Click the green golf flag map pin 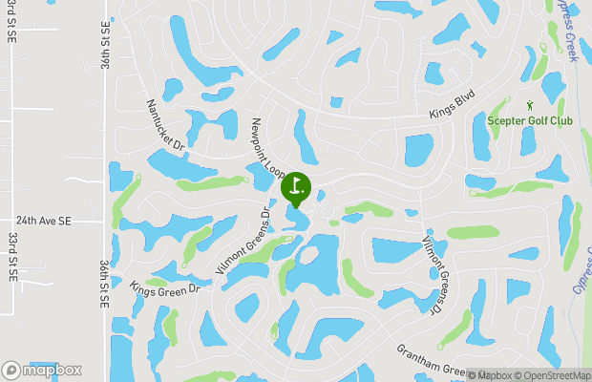coord(296,186)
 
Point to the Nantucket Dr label coord(164,125)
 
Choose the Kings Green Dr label coord(163,287)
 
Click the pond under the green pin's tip coord(299,218)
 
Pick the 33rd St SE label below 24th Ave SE coord(13,251)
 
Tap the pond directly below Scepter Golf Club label coord(528,141)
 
